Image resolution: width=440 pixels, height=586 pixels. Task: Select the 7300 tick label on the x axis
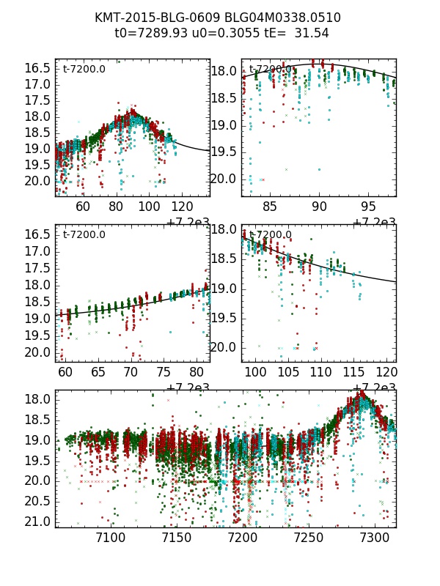click(374, 539)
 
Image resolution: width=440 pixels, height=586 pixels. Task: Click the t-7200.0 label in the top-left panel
click(84, 70)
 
